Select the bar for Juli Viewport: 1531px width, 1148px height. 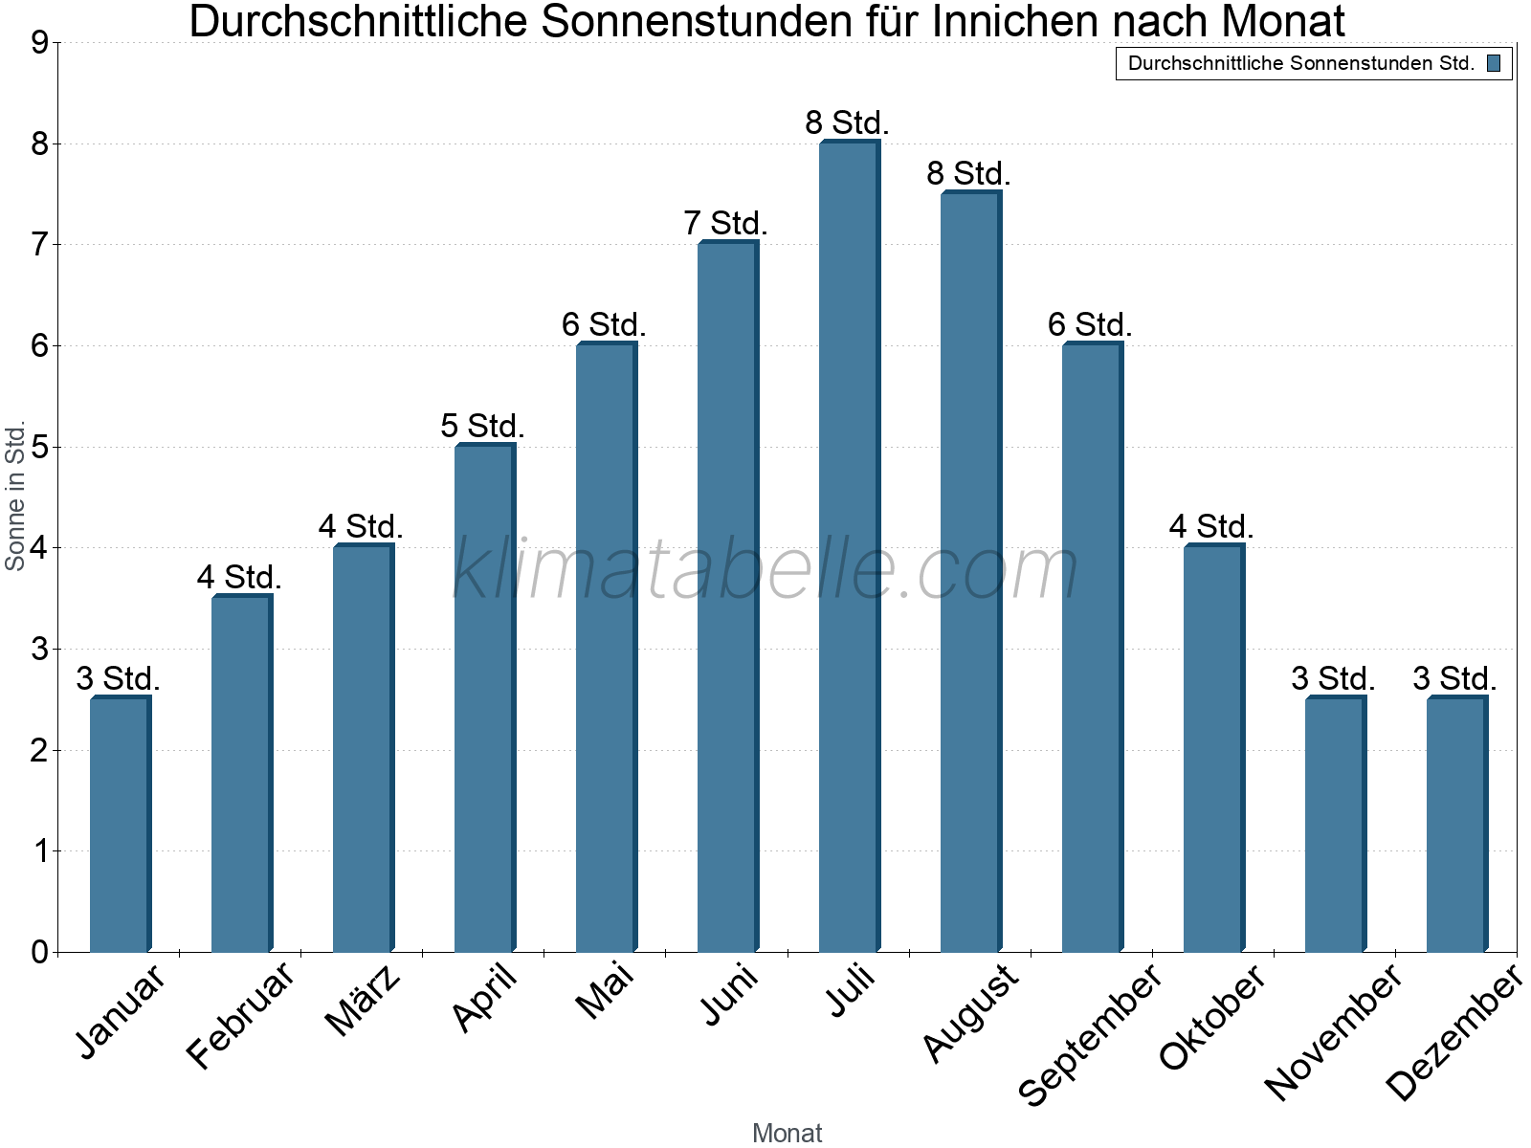(x=848, y=546)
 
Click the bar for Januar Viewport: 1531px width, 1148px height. (x=119, y=824)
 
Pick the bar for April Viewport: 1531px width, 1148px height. (x=483, y=698)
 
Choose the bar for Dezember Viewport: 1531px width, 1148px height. (x=1455, y=824)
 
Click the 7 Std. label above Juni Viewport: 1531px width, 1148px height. (x=725, y=223)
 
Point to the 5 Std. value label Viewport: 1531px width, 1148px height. (x=482, y=425)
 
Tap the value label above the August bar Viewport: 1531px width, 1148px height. (x=968, y=173)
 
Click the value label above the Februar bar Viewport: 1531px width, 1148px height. (x=239, y=577)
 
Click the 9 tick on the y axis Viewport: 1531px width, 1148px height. (x=39, y=43)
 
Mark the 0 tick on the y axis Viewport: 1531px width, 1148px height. (x=39, y=952)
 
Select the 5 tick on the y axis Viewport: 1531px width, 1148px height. (x=39, y=447)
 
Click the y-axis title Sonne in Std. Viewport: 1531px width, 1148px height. (x=15, y=497)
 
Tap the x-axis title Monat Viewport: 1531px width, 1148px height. (x=787, y=1133)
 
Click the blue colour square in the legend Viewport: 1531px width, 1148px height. (x=1493, y=64)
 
